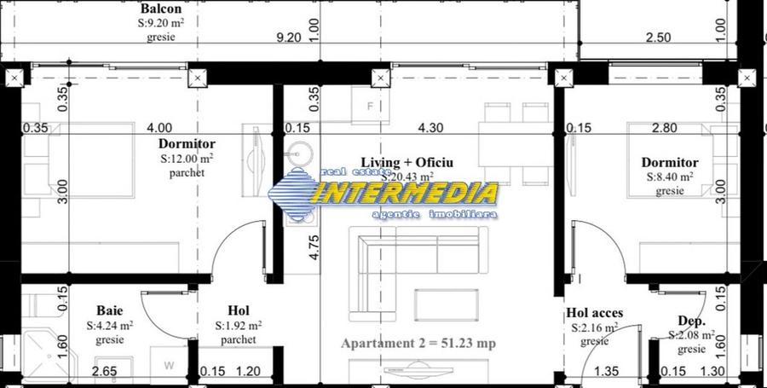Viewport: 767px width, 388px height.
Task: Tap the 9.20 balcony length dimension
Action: coord(290,38)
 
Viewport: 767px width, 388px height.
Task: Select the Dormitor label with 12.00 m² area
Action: coord(187,144)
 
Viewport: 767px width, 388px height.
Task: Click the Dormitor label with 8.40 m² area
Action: coord(670,162)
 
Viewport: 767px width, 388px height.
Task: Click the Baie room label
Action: coord(109,311)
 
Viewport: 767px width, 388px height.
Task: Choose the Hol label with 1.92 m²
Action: coord(239,310)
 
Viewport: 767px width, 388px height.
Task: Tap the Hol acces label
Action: coord(594,313)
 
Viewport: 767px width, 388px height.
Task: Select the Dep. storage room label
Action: coord(691,321)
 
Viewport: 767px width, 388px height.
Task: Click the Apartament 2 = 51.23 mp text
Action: coord(418,344)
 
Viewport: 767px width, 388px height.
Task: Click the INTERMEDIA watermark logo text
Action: coord(406,193)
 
